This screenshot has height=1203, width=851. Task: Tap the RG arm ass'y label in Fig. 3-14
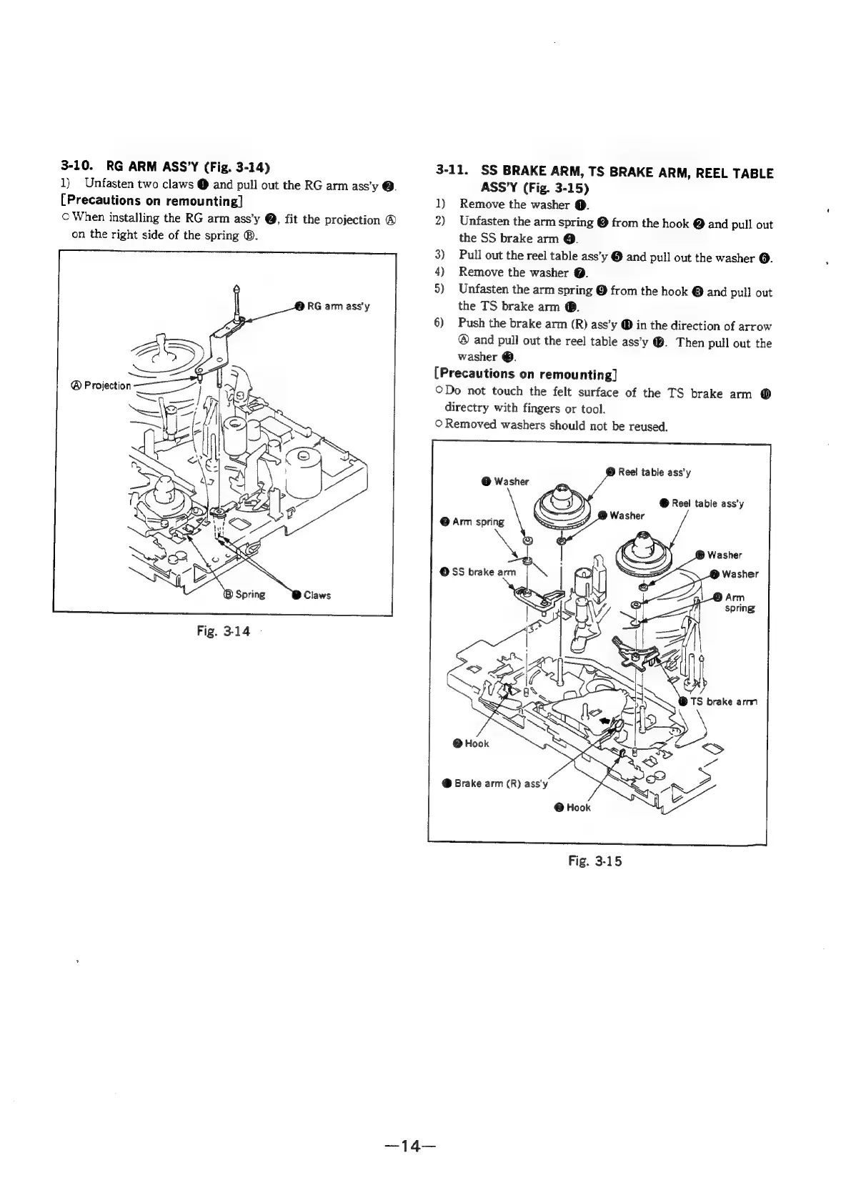(x=338, y=306)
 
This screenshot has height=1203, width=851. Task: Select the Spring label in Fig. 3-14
(x=249, y=594)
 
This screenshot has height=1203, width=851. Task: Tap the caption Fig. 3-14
(x=226, y=632)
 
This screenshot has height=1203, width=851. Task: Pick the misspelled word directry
(x=467, y=409)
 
